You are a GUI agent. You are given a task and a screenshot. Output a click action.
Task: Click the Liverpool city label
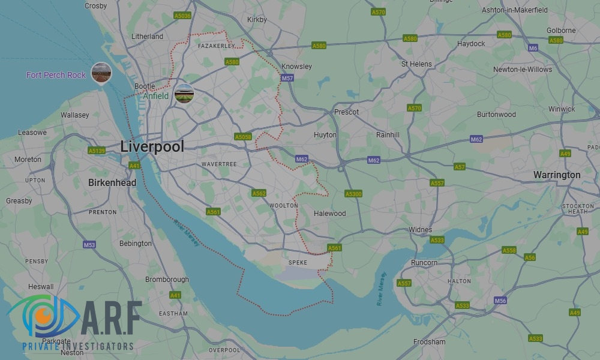point(152,146)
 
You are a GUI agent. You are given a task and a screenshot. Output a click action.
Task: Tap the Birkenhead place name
point(112,182)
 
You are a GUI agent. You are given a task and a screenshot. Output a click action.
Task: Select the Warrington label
point(557,175)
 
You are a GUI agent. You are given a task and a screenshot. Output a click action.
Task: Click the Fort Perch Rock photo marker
point(101,73)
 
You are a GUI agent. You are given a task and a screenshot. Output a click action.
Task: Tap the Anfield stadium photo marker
point(184,94)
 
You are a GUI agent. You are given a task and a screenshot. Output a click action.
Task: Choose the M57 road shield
point(287,79)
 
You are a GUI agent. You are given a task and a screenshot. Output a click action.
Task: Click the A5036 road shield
point(182,16)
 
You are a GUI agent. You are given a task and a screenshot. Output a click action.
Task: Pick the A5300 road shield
point(353,194)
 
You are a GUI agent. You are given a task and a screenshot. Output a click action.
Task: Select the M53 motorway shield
point(89,245)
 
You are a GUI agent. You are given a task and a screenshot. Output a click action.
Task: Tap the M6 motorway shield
point(533,48)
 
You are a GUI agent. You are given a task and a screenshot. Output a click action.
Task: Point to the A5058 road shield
point(243,137)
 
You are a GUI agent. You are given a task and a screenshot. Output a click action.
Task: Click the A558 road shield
point(509,250)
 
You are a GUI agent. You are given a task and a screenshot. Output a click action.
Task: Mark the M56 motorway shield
point(500,300)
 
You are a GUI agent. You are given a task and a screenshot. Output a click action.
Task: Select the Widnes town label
point(420,230)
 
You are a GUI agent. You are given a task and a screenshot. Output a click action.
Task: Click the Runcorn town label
point(424,263)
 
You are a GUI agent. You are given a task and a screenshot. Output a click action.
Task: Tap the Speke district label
point(298,262)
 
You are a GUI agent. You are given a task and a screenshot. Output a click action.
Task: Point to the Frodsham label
point(430,342)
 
